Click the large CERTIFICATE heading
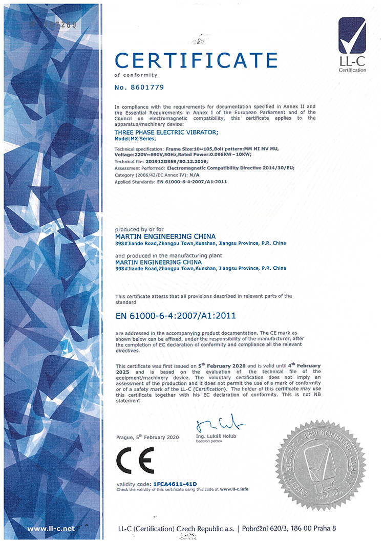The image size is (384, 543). tap(196, 60)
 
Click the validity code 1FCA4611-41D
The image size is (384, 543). tap(175, 484)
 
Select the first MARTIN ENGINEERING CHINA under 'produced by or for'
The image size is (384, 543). tap(165, 236)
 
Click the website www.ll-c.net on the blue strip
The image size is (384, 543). tap(51, 528)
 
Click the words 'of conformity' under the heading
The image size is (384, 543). tap(129, 75)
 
